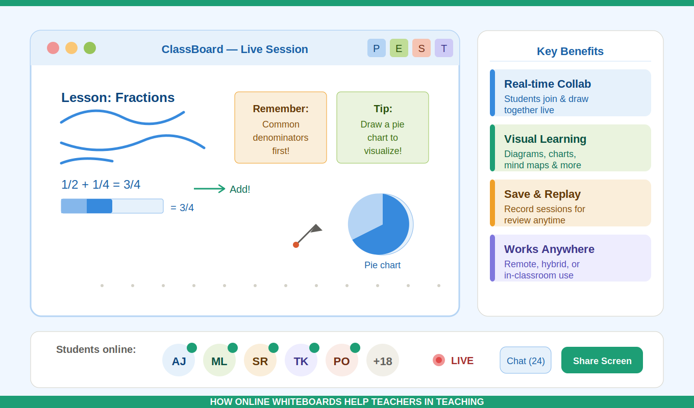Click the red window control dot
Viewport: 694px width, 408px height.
pyautogui.click(x=53, y=48)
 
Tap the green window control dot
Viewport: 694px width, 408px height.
pyautogui.click(x=90, y=48)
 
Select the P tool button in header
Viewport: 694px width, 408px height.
pyautogui.click(x=377, y=48)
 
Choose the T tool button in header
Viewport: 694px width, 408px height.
pyautogui.click(x=444, y=48)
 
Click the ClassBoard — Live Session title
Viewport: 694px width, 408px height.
pyautogui.click(x=235, y=49)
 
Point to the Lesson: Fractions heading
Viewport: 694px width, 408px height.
pyautogui.click(x=118, y=97)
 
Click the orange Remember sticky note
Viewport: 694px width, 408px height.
pyautogui.click(x=281, y=127)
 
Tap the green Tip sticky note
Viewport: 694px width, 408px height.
pyautogui.click(x=383, y=127)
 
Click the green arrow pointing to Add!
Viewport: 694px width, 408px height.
pyautogui.click(x=209, y=189)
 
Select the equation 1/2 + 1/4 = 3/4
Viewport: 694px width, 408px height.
pyautogui.click(x=101, y=185)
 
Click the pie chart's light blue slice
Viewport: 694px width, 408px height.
pyautogui.click(x=364, y=214)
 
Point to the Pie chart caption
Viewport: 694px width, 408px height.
pyautogui.click(x=382, y=265)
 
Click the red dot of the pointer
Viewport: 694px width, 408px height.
pyautogui.click(x=296, y=245)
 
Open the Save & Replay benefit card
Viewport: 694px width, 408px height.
pyautogui.click(x=571, y=203)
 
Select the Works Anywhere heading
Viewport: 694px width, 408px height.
pyautogui.click(x=549, y=249)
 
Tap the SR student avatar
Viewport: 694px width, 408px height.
pyautogui.click(x=260, y=361)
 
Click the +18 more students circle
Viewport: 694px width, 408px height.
pyautogui.click(x=383, y=361)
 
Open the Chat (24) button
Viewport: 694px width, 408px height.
pyautogui.click(x=526, y=361)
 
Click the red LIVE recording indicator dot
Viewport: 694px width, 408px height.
pyautogui.click(x=439, y=360)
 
